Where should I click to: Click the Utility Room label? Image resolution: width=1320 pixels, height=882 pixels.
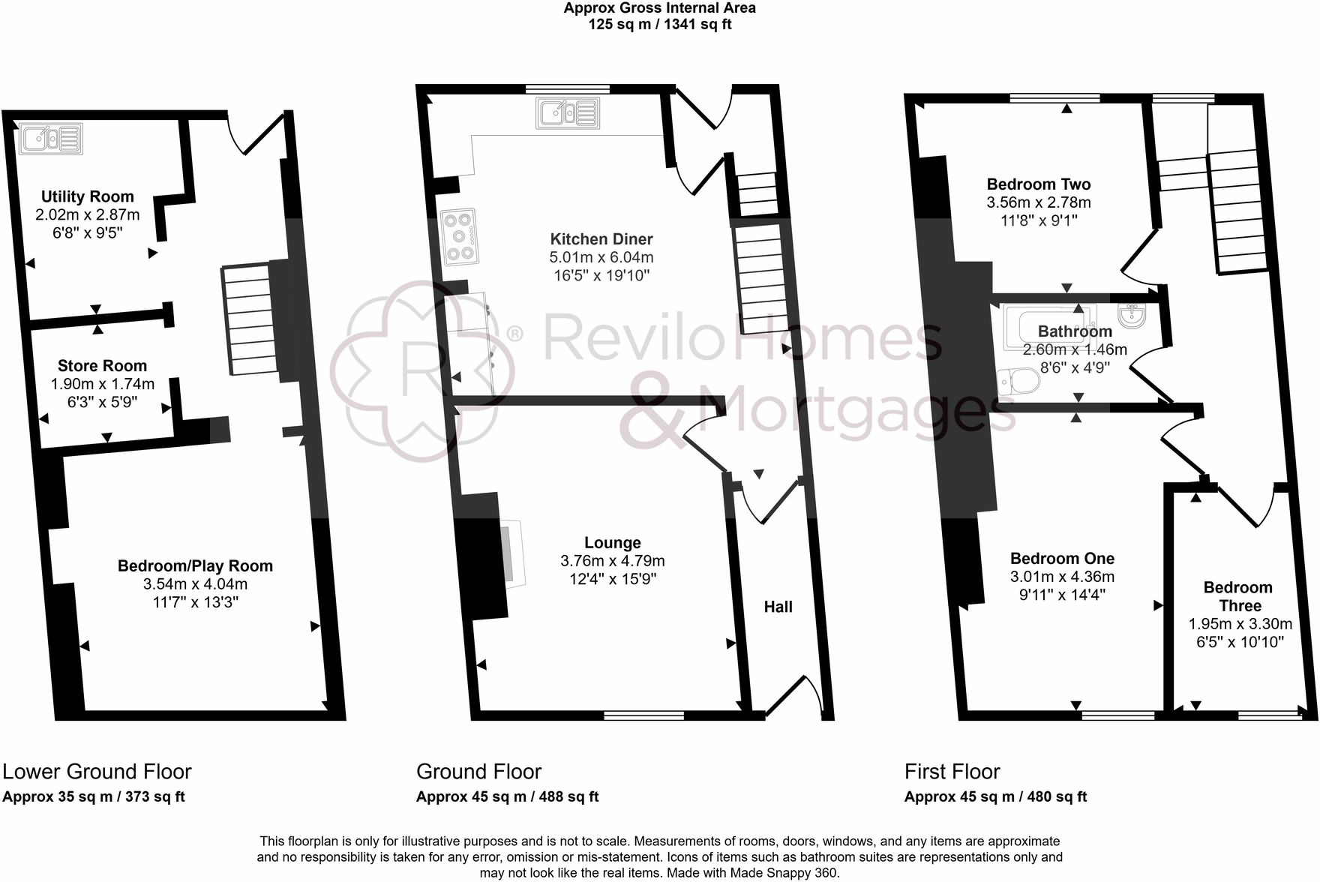point(87,196)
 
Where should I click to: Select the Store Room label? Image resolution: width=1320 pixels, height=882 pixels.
point(102,366)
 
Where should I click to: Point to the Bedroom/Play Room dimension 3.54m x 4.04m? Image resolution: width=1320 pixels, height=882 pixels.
point(195,584)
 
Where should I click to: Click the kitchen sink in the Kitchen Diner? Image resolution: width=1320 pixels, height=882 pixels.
point(568,113)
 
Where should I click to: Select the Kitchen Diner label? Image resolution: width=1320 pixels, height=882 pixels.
point(601,239)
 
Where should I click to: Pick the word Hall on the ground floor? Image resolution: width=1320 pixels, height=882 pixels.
point(778,607)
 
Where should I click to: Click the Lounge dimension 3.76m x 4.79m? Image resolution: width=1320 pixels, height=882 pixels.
point(612,561)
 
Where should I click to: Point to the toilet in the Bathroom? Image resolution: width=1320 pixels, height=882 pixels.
point(1020,381)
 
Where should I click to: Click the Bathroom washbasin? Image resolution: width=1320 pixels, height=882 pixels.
point(1130,315)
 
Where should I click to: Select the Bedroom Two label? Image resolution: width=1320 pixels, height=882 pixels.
point(1039,184)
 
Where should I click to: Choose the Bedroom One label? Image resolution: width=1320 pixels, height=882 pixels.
point(1062,559)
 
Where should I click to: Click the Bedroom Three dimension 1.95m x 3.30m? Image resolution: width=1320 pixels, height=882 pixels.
point(1240,624)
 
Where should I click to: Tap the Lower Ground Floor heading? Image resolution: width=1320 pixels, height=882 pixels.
point(97,772)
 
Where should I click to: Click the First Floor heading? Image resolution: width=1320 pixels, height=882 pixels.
point(952,772)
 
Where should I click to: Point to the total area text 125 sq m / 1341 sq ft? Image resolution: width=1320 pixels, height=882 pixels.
point(659,24)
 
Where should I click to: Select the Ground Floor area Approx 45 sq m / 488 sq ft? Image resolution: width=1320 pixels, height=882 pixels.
point(507,797)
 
